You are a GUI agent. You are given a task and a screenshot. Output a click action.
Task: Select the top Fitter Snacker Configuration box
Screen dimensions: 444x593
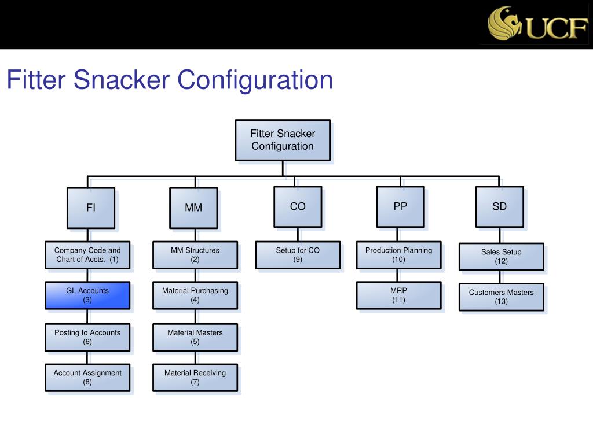click(x=283, y=140)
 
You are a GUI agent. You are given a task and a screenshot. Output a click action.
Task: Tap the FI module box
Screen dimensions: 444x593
click(x=91, y=208)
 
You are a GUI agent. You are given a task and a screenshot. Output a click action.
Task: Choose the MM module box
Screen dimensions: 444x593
click(x=193, y=208)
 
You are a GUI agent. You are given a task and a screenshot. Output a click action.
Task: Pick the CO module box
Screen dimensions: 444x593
click(x=298, y=206)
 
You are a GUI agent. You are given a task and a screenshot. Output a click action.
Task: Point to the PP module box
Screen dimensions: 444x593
click(x=400, y=206)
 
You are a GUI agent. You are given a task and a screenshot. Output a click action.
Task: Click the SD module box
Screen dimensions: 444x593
click(x=499, y=206)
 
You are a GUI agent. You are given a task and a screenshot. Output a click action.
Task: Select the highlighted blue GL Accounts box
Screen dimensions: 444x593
click(x=87, y=295)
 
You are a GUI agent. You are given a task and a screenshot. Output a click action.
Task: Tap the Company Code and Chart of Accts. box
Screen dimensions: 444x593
click(x=87, y=255)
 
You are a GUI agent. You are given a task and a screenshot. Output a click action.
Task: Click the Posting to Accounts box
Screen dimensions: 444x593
click(x=87, y=337)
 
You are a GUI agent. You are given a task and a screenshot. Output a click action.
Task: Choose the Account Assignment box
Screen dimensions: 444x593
click(x=87, y=378)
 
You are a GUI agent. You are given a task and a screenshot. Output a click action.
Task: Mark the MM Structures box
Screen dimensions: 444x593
click(x=195, y=255)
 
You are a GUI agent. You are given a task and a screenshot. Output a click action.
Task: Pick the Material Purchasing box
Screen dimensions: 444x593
click(x=195, y=295)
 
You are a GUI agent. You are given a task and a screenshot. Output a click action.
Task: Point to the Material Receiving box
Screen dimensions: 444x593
click(x=195, y=378)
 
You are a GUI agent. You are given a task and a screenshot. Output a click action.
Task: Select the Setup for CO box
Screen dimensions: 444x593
click(x=298, y=255)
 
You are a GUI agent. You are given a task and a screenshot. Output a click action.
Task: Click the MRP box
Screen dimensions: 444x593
click(x=398, y=295)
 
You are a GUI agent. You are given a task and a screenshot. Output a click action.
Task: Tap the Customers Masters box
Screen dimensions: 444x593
click(x=502, y=297)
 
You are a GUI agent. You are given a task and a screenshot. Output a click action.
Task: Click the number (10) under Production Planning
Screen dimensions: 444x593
click(x=398, y=260)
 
